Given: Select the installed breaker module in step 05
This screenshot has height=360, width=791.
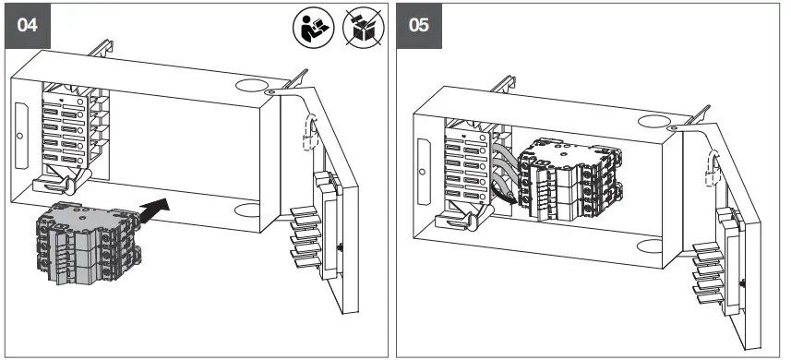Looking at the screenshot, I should pos(568,179).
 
